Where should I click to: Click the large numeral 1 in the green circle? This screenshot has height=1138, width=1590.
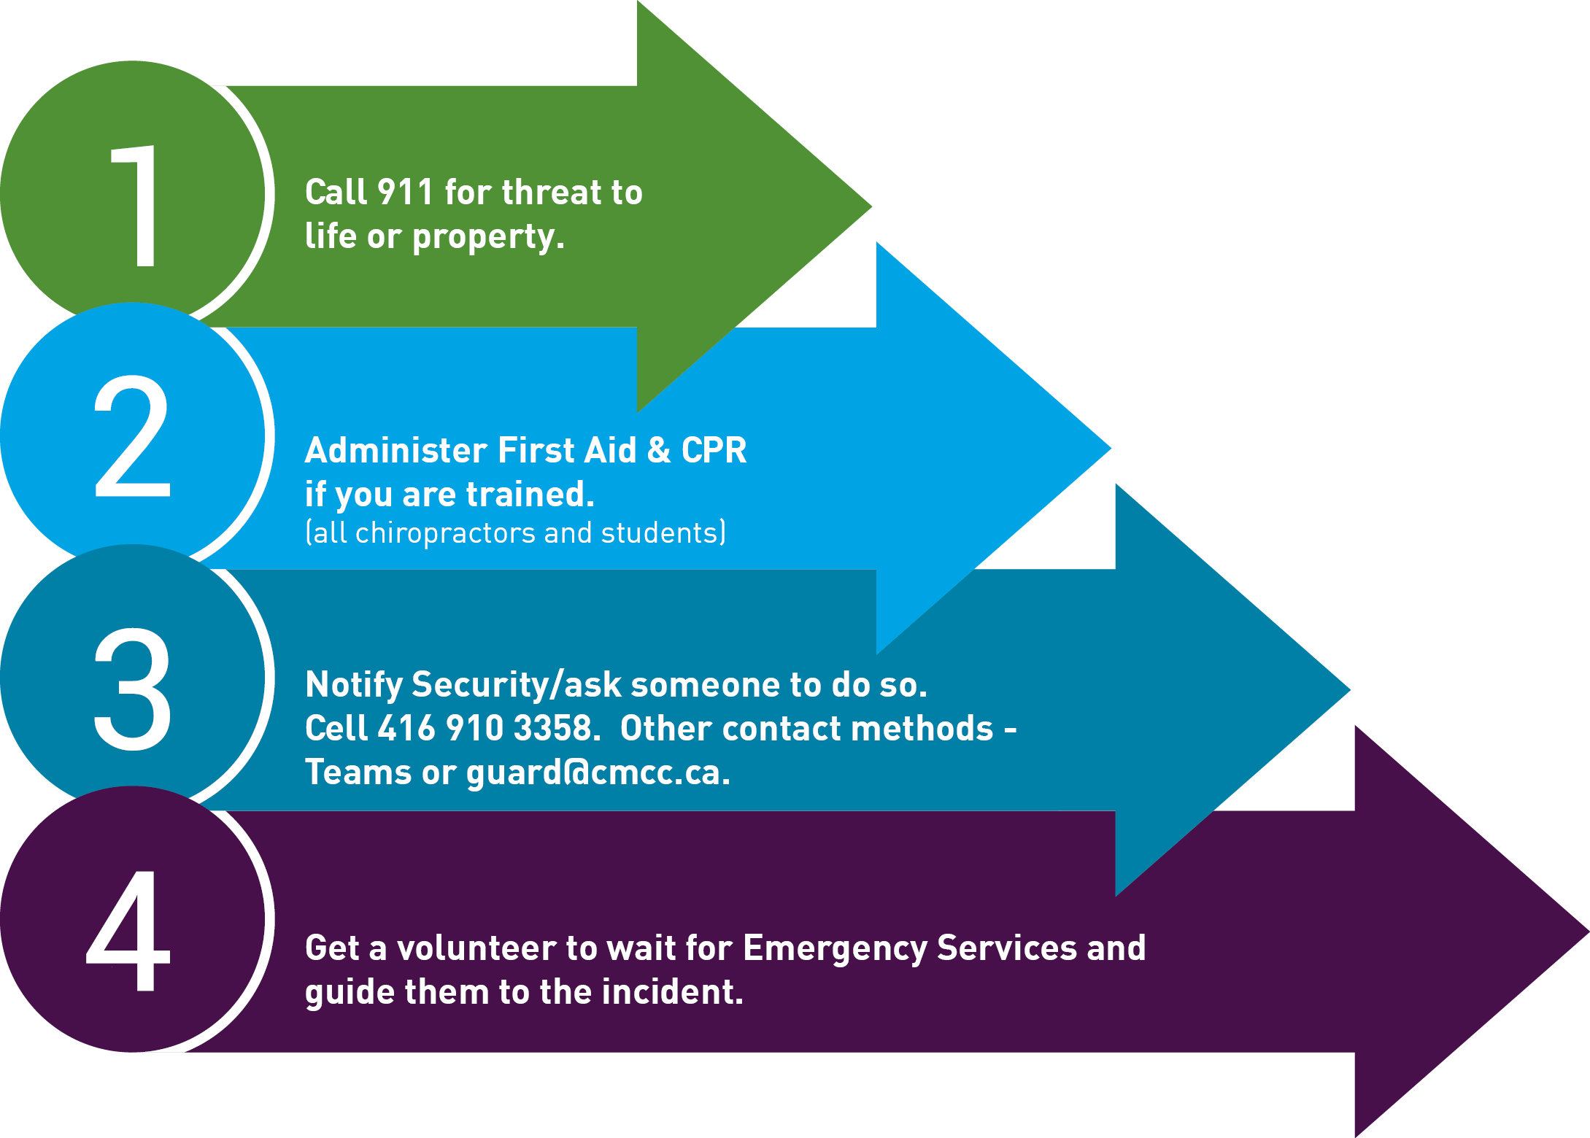click(x=137, y=206)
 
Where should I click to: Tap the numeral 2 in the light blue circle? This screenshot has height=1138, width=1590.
click(x=132, y=436)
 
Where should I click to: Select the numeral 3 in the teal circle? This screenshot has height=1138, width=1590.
click(x=132, y=689)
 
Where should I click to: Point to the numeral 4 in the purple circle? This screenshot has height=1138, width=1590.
click(x=129, y=932)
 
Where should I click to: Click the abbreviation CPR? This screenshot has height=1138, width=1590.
click(x=714, y=450)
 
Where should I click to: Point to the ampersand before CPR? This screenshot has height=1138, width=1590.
click(x=658, y=450)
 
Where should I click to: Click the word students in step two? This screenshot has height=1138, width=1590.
click(x=660, y=533)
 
